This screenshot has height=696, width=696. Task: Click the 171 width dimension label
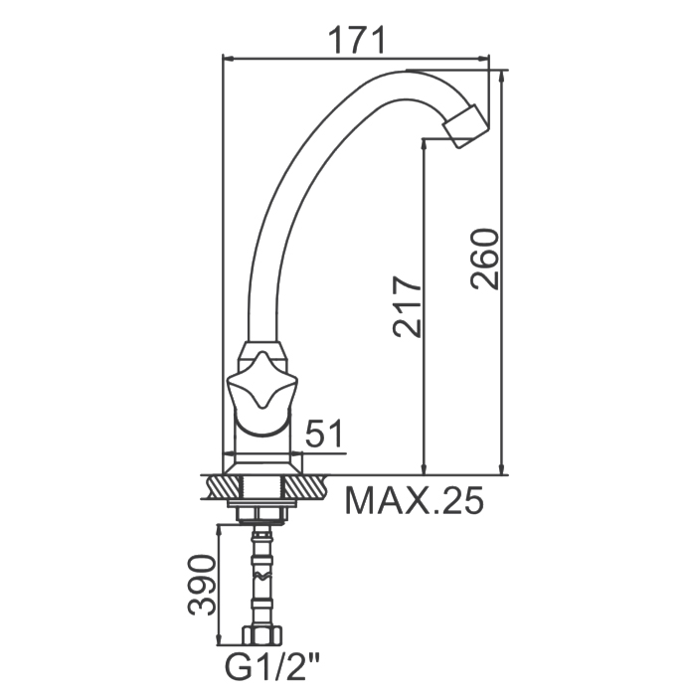click(356, 41)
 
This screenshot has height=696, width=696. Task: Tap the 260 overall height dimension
click(485, 260)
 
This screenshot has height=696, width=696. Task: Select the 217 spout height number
click(406, 306)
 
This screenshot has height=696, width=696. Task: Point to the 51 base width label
click(325, 434)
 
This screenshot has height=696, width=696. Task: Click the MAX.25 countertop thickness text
click(415, 500)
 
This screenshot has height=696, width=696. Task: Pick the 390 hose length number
click(202, 585)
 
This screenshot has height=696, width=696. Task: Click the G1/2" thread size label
click(272, 666)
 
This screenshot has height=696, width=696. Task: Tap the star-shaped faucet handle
click(261, 380)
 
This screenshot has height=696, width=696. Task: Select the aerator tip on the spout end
click(466, 126)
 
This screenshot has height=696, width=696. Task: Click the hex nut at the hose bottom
click(262, 634)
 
